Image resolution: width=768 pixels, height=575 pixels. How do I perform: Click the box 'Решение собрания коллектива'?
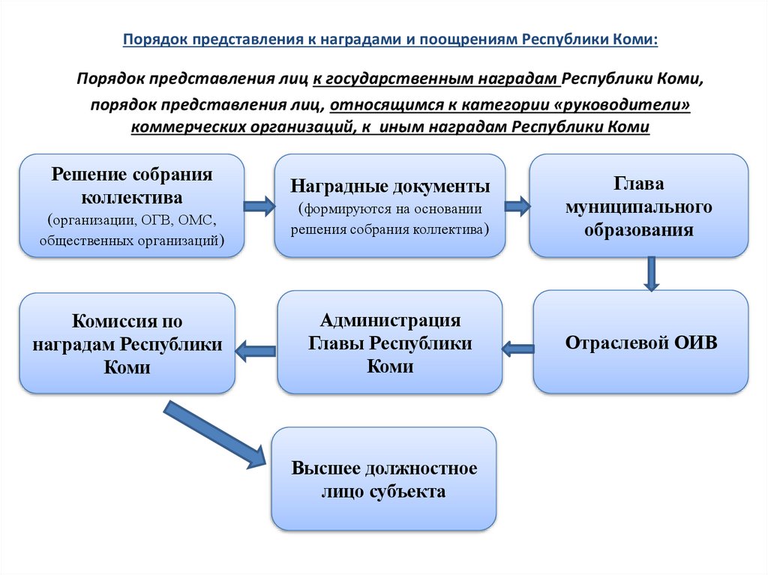[x=132, y=205]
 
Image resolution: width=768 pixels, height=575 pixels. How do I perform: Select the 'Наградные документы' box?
[x=390, y=205]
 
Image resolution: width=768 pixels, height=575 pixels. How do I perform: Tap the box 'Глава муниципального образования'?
[x=638, y=205]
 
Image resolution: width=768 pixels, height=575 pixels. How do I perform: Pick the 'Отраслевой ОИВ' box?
[x=641, y=343]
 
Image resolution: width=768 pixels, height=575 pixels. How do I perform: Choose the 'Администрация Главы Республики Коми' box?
[x=390, y=343]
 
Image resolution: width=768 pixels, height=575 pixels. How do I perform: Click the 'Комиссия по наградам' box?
[x=127, y=343]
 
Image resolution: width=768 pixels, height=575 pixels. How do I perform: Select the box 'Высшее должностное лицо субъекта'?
[x=384, y=479]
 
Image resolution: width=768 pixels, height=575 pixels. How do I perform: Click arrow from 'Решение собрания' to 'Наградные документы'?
[x=259, y=207]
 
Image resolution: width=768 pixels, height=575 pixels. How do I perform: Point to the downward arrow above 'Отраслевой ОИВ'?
[x=651, y=274]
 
